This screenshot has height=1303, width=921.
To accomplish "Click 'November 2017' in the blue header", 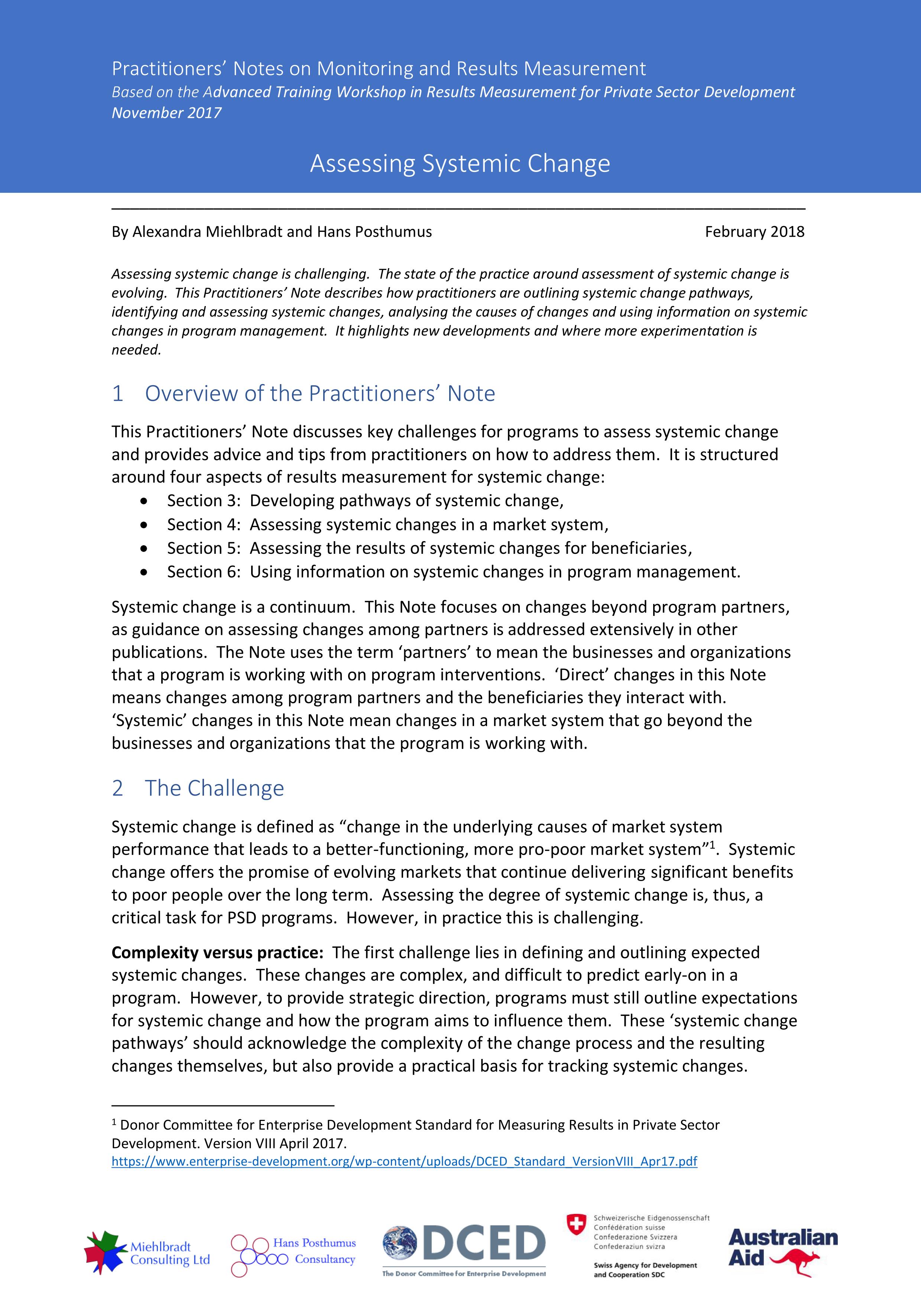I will (166, 113).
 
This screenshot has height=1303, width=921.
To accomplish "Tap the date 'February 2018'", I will (754, 231).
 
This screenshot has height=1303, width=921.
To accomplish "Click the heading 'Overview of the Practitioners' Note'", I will (320, 393).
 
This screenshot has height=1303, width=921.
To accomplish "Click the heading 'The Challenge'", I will (214, 788).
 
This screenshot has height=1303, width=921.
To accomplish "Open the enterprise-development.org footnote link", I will (404, 1161).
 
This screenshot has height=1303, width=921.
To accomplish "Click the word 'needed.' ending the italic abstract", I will (136, 350).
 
